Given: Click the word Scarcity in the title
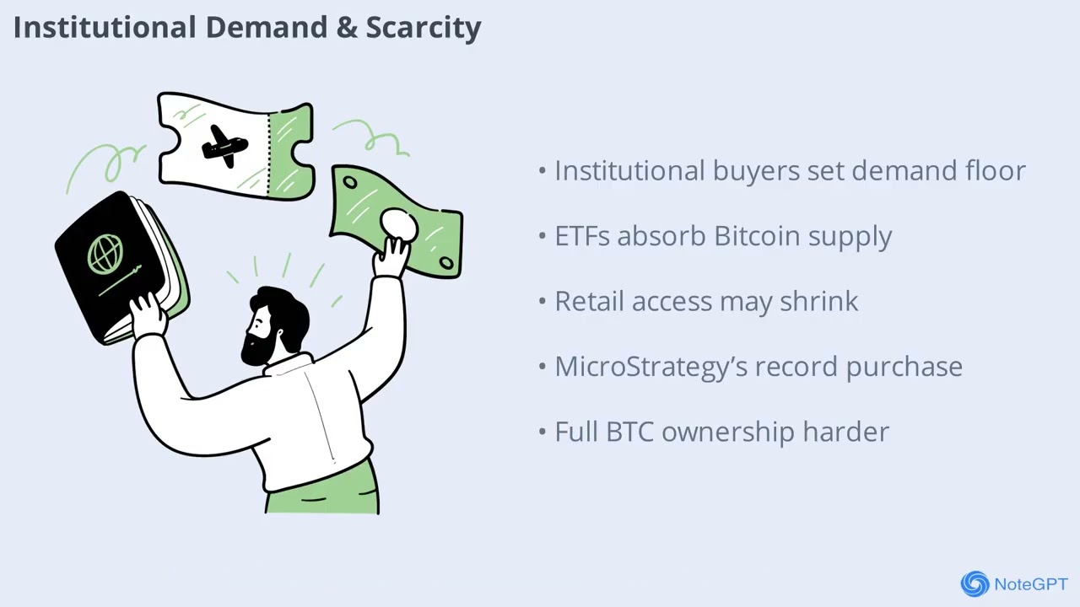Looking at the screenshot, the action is (424, 28).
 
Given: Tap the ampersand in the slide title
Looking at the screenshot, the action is (347, 28).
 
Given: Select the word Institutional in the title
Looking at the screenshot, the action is (105, 27).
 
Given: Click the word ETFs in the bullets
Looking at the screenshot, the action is (582, 236).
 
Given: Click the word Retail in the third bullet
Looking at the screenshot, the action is (590, 301).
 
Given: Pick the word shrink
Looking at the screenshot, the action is (819, 301).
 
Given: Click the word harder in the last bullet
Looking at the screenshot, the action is (845, 432).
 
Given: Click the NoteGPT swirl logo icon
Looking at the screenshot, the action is (975, 583).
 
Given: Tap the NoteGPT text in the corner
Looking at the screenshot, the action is (1031, 584).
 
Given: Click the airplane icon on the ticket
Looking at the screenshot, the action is (224, 147).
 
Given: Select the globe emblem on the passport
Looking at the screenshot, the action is (105, 254).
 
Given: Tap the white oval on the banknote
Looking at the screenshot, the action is (399, 225).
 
